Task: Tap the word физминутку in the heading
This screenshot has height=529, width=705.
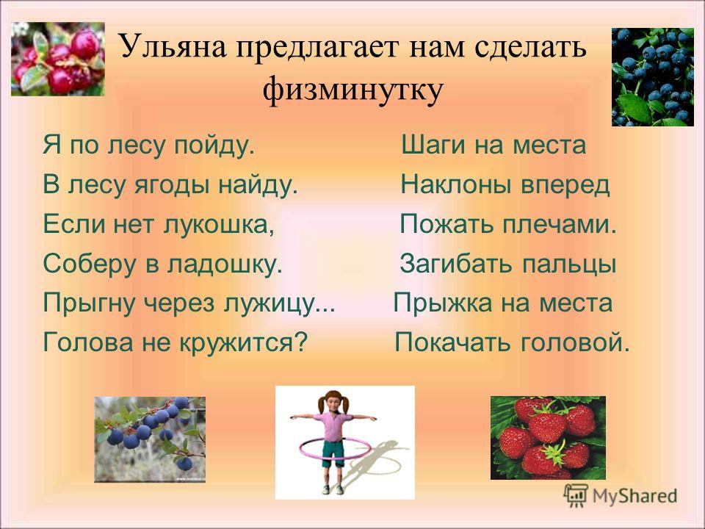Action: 353,90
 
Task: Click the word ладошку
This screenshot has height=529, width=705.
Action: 225,264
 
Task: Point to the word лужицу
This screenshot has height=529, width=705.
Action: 279,303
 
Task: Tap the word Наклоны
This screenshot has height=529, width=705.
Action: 456,184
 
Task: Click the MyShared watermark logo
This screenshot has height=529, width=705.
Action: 620,496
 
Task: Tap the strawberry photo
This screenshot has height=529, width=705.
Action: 548,438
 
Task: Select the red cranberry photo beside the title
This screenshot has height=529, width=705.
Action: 58,59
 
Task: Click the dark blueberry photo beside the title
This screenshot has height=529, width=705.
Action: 652,77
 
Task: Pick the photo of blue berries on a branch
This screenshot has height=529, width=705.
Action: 150,439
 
